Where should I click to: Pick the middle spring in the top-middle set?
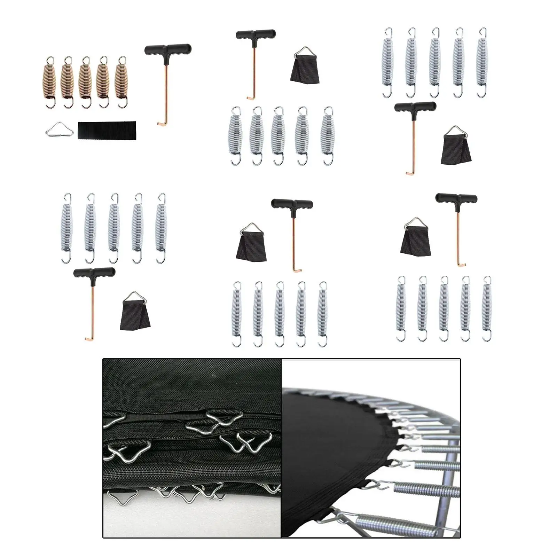(278, 136)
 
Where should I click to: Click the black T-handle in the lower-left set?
(94, 272)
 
